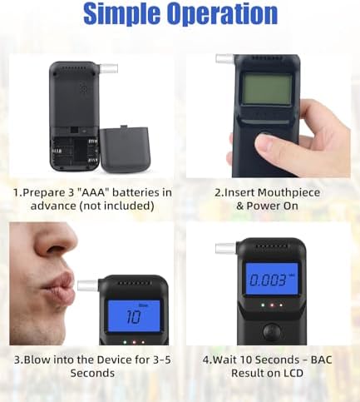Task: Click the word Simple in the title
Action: [x=122, y=13]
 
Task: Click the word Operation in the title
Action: [x=223, y=13]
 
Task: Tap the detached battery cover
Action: [x=126, y=149]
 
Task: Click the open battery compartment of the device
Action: [x=74, y=150]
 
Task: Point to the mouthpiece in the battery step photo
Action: [x=109, y=68]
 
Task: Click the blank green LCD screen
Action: [x=267, y=89]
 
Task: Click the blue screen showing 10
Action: [x=134, y=315]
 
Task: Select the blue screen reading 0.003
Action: [x=272, y=279]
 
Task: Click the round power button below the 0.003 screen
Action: [x=272, y=330]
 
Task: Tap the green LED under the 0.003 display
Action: [x=263, y=305]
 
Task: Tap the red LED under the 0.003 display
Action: [x=272, y=305]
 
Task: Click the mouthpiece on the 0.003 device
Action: [x=225, y=248]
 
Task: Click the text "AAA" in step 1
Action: [x=91, y=192]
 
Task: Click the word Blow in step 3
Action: [x=37, y=360]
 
